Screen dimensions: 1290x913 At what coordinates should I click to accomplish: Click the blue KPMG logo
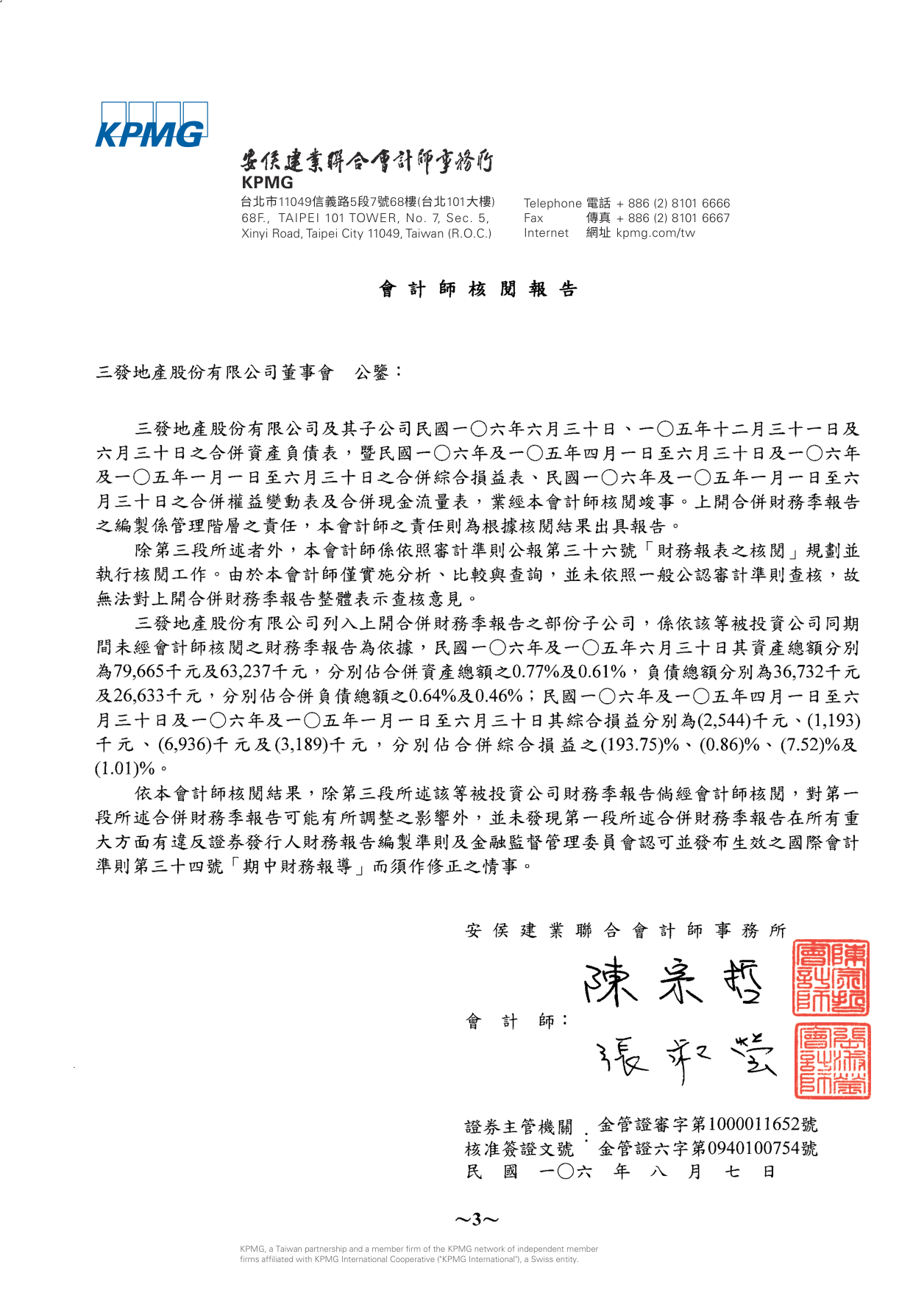click(151, 125)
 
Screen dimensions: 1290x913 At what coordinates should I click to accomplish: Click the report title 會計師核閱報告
click(477, 289)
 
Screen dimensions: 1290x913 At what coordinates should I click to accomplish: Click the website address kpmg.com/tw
click(655, 232)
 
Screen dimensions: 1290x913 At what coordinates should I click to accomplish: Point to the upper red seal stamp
click(831, 978)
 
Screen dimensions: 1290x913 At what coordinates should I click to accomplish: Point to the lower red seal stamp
click(831, 1061)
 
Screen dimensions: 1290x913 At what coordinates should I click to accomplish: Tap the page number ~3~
click(476, 1220)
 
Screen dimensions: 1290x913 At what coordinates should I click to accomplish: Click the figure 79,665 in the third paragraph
click(138, 671)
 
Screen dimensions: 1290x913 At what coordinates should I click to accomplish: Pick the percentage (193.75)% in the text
click(639, 744)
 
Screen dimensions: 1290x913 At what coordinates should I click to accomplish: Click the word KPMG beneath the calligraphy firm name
click(267, 182)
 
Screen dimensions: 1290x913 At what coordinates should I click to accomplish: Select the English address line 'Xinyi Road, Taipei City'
click(366, 233)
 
